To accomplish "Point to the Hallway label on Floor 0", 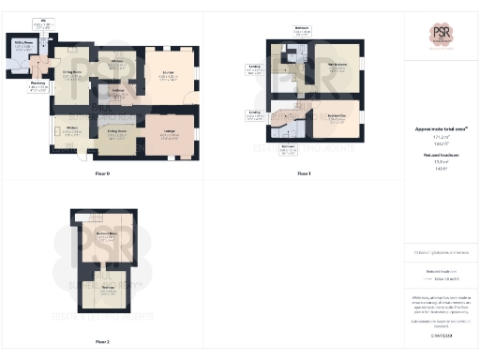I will tap(119, 91).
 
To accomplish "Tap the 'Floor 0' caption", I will tap(102, 173).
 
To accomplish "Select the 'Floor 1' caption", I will tap(303, 173).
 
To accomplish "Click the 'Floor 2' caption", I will tap(102, 342).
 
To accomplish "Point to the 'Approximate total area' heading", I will tap(441, 128).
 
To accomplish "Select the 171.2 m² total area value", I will tap(441, 136).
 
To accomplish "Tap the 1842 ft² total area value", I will tap(441, 143).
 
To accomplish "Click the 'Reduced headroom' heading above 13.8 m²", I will tap(441, 154).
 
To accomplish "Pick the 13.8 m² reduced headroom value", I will tap(441, 161).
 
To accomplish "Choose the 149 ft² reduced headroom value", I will tap(441, 169).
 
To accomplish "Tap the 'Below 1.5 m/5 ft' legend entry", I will tap(446, 279).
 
